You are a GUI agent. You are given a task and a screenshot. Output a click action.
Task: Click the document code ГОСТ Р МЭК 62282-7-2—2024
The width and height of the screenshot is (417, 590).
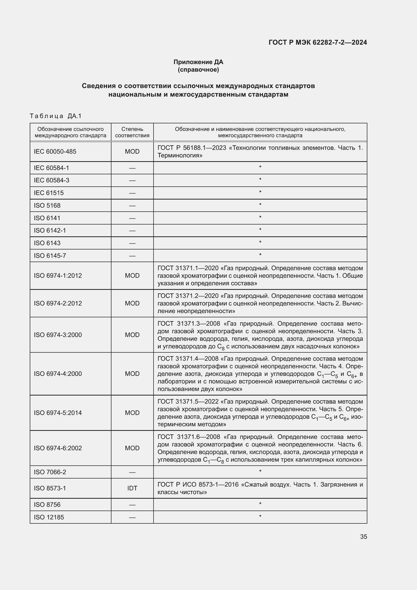coord(318,42)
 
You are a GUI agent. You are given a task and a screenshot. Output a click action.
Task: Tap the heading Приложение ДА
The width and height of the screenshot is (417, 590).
coord(198,62)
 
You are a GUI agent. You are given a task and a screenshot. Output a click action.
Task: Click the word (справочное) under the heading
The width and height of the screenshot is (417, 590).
coord(198,70)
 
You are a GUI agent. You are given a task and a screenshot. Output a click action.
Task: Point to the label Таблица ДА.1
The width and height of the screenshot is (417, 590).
coord(55,116)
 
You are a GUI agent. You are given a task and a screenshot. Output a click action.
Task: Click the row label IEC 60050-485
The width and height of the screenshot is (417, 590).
coord(55,151)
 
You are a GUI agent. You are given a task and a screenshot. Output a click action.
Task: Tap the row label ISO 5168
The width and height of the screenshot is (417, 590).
coord(47,205)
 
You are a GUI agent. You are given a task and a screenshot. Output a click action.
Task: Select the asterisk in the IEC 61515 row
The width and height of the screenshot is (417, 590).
coord(260,192)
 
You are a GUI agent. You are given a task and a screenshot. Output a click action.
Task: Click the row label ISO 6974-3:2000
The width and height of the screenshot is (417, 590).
coord(58,334)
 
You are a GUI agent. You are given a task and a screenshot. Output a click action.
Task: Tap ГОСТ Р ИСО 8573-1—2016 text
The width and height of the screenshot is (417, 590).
coord(198,484)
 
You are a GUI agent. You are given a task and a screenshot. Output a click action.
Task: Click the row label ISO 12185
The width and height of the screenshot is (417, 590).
coord(49,517)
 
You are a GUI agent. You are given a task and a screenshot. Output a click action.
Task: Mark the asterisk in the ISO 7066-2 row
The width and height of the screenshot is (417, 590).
coord(260,471)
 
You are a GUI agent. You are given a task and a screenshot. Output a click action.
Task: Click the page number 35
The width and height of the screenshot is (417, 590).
coord(363,537)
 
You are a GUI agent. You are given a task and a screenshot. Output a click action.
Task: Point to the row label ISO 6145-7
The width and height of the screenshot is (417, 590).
coord(50,256)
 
